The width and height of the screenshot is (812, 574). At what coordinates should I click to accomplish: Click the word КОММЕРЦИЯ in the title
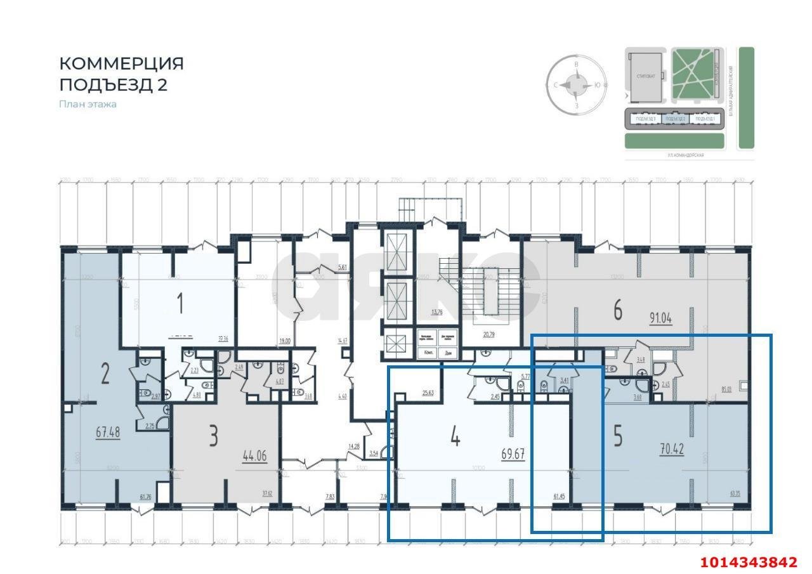(121, 63)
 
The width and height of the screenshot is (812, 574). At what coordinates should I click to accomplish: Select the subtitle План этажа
(88, 104)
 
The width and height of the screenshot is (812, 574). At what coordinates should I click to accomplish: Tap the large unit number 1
(180, 303)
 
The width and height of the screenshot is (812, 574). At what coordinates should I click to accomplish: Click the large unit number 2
(105, 374)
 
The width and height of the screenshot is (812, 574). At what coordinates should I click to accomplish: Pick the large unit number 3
(214, 436)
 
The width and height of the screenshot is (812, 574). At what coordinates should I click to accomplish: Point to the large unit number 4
(454, 436)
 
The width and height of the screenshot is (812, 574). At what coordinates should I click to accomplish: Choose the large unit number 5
(618, 438)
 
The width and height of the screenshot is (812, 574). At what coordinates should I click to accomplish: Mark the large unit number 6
(617, 310)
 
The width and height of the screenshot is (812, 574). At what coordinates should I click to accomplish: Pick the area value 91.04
(660, 318)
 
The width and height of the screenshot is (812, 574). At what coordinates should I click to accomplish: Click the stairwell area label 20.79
(488, 334)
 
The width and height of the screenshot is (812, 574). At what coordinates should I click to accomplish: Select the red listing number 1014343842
(749, 562)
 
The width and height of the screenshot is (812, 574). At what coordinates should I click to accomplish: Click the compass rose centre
(577, 85)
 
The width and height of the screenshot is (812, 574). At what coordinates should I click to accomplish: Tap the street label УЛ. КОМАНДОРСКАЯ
(686, 155)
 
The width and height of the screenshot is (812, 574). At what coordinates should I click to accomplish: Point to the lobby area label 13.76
(436, 312)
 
